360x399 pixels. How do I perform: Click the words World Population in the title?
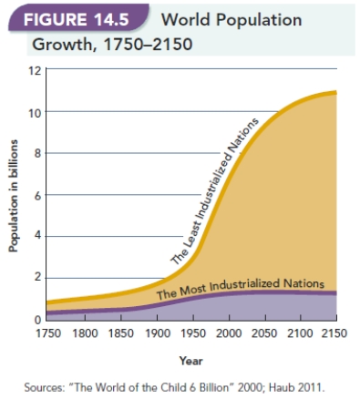coord(230,19)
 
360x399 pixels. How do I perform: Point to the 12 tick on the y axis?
coord(35,70)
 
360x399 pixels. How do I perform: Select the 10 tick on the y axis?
coord(35,112)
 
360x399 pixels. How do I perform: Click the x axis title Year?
coord(191,359)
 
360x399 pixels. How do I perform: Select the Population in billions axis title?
coord(15,195)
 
